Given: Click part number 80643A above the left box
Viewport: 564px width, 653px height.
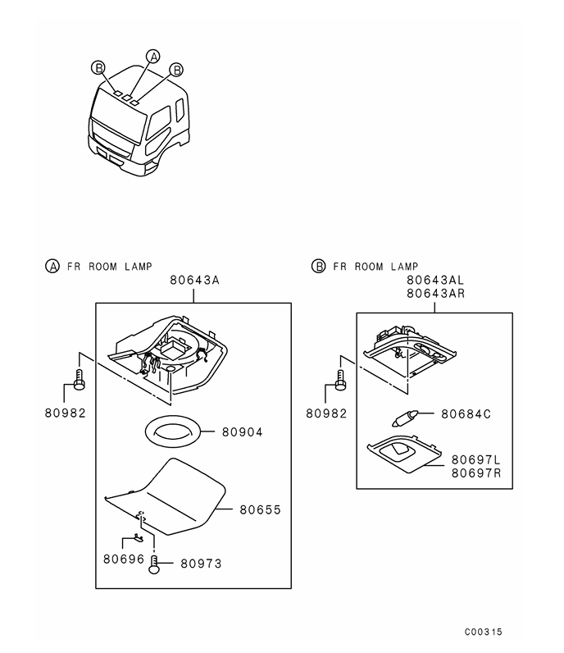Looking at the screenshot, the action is (x=194, y=281).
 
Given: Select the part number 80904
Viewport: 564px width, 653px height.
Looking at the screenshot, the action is (x=243, y=432).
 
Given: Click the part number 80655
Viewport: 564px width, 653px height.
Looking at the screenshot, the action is (x=260, y=509).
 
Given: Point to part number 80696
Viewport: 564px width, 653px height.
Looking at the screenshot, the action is (x=124, y=559).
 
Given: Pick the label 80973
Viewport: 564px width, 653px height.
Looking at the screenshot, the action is (x=201, y=564).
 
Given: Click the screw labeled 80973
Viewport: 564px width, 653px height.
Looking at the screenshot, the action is (x=154, y=565).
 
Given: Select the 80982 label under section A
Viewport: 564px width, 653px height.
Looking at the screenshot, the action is (x=66, y=413).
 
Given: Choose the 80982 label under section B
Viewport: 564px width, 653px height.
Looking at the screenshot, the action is (x=326, y=413).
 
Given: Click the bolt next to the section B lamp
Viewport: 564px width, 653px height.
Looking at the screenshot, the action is (x=341, y=380).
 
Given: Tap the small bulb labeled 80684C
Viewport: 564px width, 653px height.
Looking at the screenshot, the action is (x=405, y=418).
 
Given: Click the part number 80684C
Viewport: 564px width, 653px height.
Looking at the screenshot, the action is (x=466, y=414).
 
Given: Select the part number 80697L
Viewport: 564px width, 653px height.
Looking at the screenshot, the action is (x=476, y=459).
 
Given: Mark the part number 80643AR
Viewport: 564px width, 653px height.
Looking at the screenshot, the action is (x=436, y=294).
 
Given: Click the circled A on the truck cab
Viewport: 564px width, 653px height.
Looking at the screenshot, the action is (x=153, y=57).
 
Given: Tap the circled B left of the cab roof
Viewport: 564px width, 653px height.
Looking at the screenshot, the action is (x=98, y=67).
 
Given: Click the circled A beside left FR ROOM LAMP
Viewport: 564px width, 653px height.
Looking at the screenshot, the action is (x=52, y=266).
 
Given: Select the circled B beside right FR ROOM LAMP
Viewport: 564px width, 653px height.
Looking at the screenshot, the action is (x=318, y=266).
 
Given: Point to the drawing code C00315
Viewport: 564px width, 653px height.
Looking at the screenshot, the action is (x=483, y=632).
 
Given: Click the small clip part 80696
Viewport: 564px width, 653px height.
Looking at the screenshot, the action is (x=139, y=538).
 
